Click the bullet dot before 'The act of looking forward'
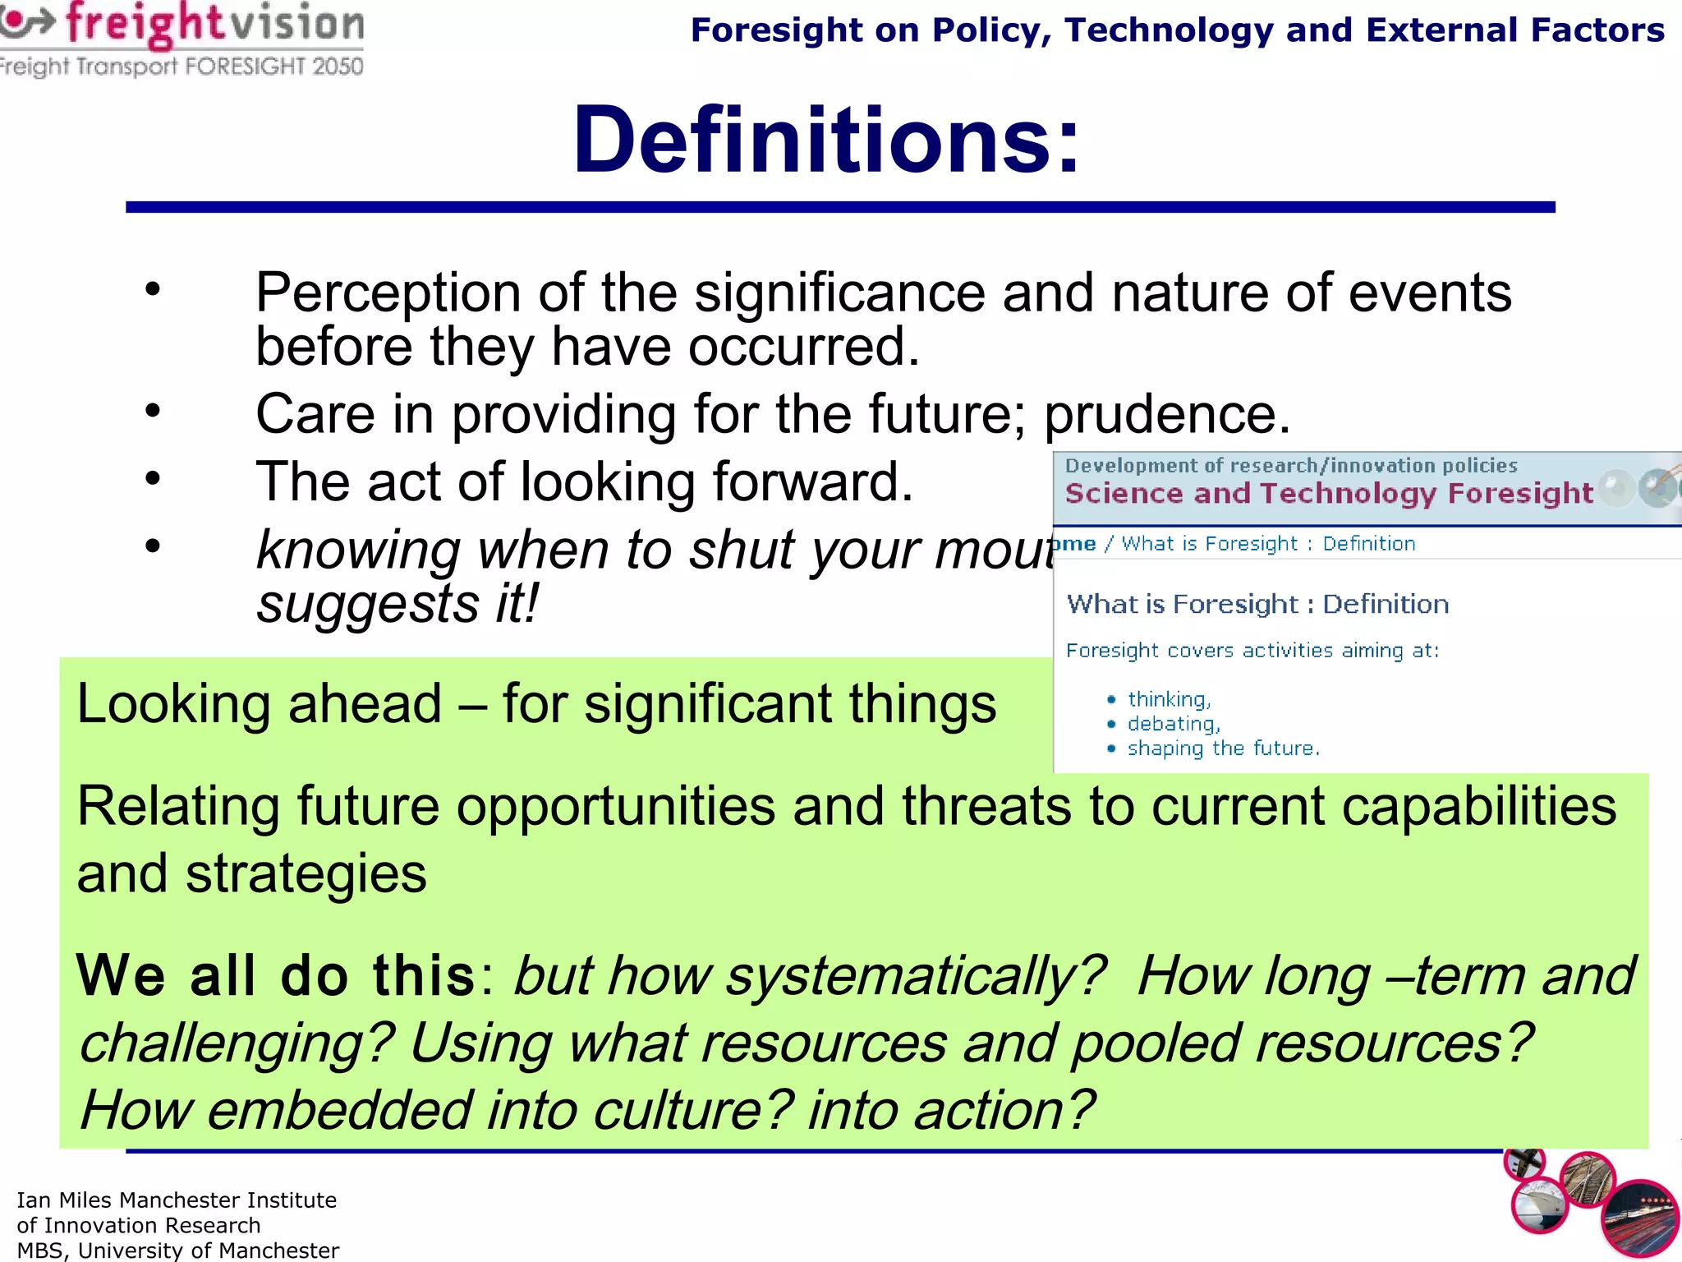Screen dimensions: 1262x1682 click(x=153, y=478)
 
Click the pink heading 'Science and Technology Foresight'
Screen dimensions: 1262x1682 click(x=1328, y=493)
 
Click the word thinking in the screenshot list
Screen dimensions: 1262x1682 click(x=1168, y=699)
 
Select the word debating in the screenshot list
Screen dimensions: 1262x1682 click(x=1173, y=724)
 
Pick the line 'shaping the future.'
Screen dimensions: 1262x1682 click(x=1223, y=748)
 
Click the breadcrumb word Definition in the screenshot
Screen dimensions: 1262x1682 click(x=1368, y=544)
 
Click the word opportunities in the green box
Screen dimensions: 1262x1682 click(x=616, y=807)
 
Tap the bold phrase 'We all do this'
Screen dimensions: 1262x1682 click(x=276, y=975)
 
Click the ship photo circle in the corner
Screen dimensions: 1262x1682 click(x=1539, y=1205)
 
